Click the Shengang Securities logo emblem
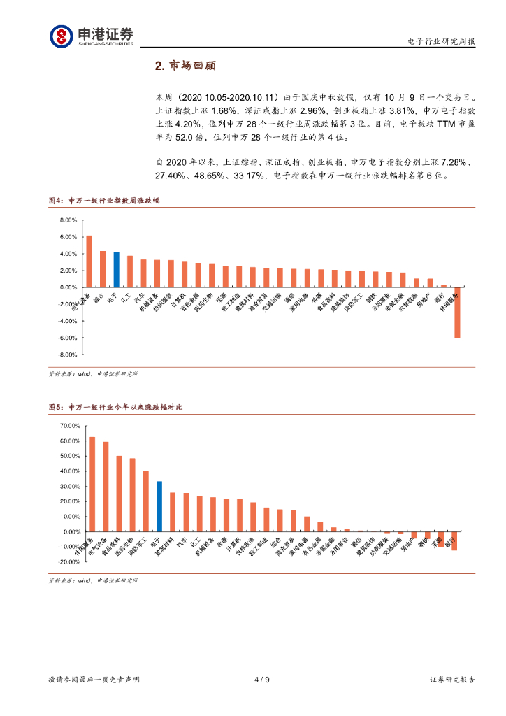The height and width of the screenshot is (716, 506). point(61,36)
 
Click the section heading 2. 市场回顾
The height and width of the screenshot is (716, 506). point(185,66)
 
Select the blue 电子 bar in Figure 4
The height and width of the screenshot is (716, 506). point(116,269)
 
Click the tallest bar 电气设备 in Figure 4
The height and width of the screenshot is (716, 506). point(89,261)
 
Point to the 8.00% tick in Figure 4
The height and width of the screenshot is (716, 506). point(67,220)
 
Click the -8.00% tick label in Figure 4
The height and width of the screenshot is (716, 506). point(66,355)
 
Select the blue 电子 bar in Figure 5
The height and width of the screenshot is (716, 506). point(159,506)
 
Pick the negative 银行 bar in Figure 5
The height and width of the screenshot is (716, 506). point(454,540)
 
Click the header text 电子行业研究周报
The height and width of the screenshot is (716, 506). point(441,41)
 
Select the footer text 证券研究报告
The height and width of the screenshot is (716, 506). point(452,679)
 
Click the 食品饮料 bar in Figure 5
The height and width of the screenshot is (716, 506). point(120,494)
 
